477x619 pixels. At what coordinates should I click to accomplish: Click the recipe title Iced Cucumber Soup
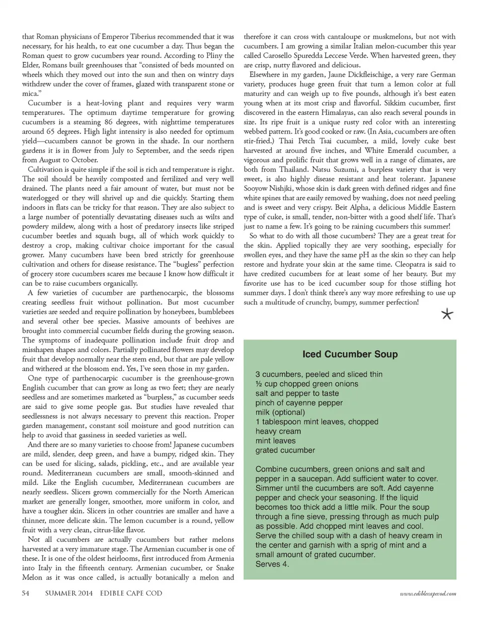pos(350,354)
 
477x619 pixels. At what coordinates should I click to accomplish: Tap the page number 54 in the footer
pos(26,593)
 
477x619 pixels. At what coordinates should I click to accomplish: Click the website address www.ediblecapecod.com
pos(428,594)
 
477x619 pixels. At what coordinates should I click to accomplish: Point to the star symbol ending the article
pos(447,314)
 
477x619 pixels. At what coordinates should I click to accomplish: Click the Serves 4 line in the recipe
pos(272,564)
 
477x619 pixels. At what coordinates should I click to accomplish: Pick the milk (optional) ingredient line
pos(280,412)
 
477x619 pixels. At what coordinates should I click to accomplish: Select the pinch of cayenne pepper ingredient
pos(299,403)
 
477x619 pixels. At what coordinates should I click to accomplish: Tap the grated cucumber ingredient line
pos(285,450)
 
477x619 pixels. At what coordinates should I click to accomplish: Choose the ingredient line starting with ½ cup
pos(307,384)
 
